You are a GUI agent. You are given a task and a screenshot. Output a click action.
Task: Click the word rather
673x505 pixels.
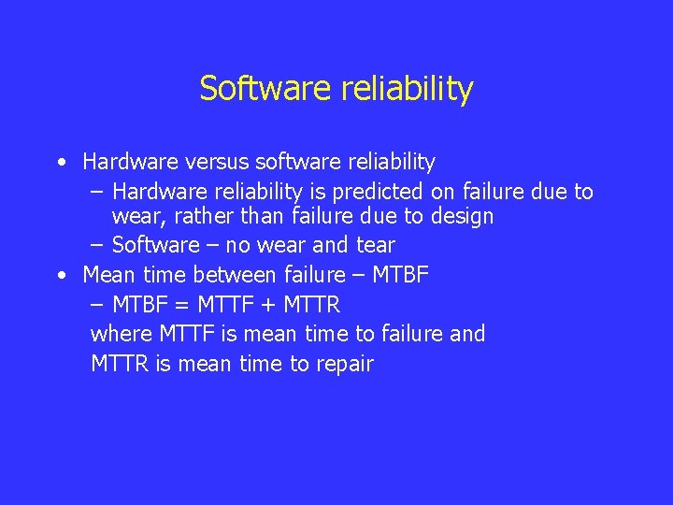point(203,217)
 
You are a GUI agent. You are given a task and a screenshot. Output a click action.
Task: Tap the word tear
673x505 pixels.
point(376,245)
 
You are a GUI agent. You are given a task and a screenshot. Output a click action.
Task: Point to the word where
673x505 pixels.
point(122,334)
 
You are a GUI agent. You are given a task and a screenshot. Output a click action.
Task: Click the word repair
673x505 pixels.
point(344,364)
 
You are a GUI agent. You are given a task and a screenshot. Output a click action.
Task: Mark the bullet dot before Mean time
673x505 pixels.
point(61,276)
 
